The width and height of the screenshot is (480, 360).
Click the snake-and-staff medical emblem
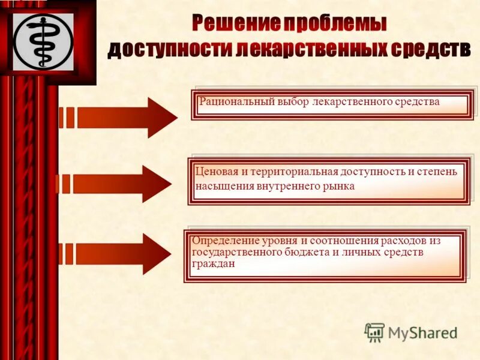43,41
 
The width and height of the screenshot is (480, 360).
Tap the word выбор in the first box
293,102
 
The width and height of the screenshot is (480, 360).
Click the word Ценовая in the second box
215,172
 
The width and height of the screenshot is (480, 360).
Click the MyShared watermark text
423,332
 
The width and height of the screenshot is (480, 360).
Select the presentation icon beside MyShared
374,332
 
